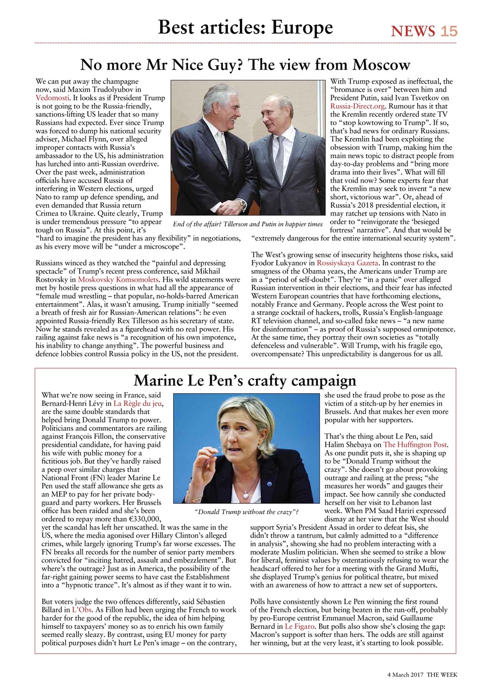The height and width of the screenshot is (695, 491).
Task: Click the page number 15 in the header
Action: tap(449, 31)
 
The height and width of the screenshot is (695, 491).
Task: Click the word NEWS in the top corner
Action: tap(413, 31)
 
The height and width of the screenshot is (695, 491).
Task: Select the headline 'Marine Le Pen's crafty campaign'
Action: tap(245, 380)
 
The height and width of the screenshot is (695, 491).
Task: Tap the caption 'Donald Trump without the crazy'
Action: tap(246, 511)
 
